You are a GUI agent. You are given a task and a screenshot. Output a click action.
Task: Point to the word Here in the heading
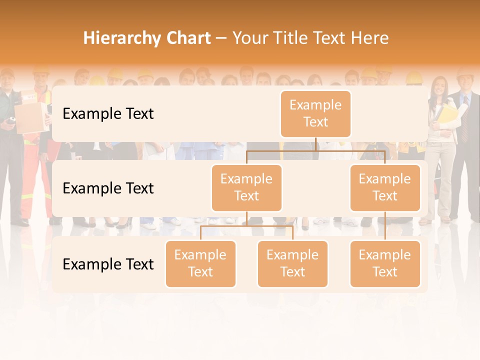click(369, 38)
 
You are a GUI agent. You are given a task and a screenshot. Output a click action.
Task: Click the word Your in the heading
click(249, 38)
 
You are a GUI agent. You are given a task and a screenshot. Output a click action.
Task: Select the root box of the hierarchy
click(315, 113)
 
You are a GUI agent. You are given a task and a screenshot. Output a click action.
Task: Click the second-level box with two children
click(246, 187)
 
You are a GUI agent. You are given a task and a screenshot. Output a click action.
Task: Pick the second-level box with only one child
click(385, 187)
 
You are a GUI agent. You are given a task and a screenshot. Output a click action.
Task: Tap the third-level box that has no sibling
click(385, 263)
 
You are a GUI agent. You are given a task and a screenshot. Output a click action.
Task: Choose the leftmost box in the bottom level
click(200, 263)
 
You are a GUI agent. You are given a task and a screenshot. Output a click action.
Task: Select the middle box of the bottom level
click(292, 263)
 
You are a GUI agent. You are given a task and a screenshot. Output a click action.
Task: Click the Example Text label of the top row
click(108, 114)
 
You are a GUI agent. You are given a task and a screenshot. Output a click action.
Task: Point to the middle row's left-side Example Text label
click(108, 188)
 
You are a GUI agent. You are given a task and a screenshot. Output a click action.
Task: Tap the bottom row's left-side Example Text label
click(108, 264)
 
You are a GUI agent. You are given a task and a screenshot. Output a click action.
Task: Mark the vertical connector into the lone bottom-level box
click(385, 226)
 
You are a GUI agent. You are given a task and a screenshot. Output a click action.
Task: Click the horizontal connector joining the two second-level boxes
click(315, 150)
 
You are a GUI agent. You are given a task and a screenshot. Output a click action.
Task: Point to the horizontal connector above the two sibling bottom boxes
click(246, 226)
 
